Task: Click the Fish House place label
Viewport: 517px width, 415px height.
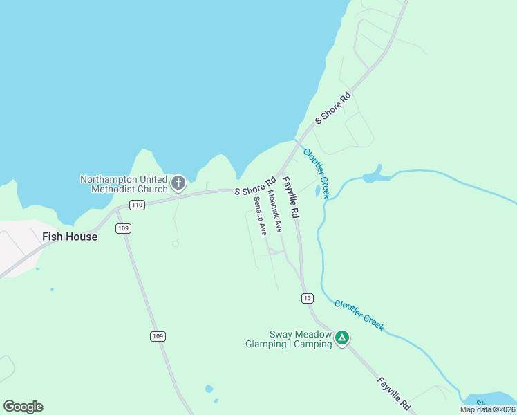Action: [69, 237]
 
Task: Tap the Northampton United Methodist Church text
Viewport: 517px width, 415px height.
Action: [124, 184]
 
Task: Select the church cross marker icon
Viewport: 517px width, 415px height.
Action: [178, 183]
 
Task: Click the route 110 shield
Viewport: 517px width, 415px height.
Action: [137, 205]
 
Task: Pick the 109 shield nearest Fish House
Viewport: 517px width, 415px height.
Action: [124, 228]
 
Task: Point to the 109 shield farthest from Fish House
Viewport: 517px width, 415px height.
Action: [158, 336]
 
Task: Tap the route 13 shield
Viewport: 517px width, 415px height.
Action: [307, 298]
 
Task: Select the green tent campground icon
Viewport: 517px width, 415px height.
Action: [341, 338]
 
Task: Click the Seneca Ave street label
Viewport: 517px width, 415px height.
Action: [260, 216]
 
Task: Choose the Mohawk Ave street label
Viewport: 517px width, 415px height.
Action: [275, 211]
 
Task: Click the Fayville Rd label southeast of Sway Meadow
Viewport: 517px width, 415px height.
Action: [395, 394]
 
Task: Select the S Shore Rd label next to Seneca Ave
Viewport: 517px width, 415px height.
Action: [255, 187]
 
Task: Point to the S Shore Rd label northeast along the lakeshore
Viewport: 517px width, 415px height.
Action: [333, 109]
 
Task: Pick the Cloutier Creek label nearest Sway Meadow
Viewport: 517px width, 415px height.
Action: [359, 315]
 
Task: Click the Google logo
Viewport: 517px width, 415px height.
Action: [23, 407]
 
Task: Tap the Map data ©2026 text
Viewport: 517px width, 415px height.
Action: [487, 409]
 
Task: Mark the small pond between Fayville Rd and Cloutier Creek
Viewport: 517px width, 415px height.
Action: [317, 190]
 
